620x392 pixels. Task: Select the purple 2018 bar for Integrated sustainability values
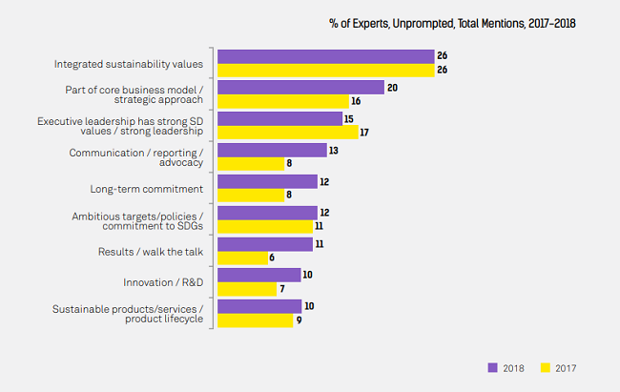click(326, 56)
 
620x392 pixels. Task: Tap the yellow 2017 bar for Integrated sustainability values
click(326, 71)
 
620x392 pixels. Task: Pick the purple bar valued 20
click(301, 87)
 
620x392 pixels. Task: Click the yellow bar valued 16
click(283, 101)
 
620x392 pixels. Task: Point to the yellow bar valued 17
click(288, 133)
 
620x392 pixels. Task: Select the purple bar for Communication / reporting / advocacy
click(272, 150)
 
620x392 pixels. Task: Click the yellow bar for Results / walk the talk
click(243, 258)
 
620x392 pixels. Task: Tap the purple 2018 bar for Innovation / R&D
click(259, 275)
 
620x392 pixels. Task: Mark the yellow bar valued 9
click(256, 320)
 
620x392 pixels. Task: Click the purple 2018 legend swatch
click(493, 366)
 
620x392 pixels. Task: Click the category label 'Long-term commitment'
click(146, 189)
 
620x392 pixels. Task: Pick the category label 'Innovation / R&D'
click(163, 282)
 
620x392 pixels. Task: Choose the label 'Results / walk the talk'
click(151, 251)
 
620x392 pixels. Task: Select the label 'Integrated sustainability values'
click(129, 64)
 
